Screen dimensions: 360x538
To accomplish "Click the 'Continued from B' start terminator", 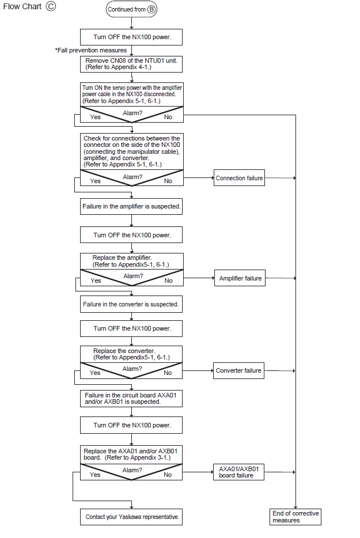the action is click(x=131, y=9).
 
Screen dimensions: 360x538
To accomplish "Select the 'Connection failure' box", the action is click(x=239, y=178).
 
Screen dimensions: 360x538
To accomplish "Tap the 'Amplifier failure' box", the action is click(x=240, y=278).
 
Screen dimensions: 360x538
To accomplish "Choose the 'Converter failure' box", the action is click(x=238, y=370).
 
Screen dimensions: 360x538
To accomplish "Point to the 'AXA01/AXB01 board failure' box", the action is click(x=238, y=472).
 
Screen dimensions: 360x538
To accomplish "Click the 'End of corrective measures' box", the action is click(x=295, y=517).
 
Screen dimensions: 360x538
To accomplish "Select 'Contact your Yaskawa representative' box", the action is click(x=131, y=517).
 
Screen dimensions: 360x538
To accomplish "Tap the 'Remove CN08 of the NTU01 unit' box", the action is click(x=131, y=64).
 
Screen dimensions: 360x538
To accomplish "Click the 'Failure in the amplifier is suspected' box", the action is click(x=131, y=207).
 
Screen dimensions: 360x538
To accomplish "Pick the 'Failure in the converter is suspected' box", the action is click(x=131, y=304).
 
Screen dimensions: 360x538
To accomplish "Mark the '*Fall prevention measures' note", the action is click(x=91, y=51).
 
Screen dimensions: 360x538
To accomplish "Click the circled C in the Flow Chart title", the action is click(x=51, y=6).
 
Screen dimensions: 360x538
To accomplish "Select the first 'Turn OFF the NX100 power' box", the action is click(x=131, y=37).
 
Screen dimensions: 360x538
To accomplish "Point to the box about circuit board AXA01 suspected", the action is click(x=131, y=399).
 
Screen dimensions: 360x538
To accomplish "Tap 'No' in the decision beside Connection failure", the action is click(x=168, y=181).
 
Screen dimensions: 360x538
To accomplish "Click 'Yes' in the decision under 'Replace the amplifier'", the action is click(x=96, y=281).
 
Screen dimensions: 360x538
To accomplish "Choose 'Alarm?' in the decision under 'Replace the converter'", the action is click(x=132, y=369).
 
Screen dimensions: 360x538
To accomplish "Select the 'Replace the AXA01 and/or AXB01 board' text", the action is click(x=130, y=454).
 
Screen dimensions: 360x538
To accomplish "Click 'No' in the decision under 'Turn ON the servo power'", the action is click(x=168, y=117).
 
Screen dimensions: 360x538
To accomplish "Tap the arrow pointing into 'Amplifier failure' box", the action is click(x=199, y=278).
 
